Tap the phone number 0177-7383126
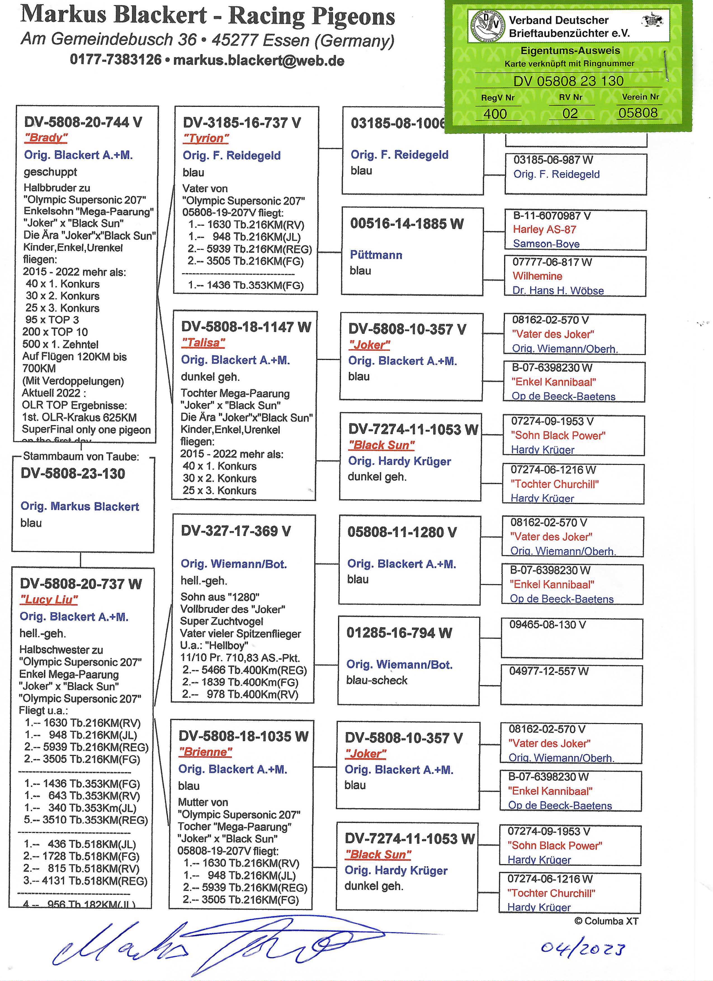tap(115, 60)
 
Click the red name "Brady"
tap(46, 138)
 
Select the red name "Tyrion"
tap(206, 138)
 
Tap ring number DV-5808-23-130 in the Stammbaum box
tap(73, 474)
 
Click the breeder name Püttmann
tap(376, 255)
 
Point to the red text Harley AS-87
tap(544, 229)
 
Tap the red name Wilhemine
tap(537, 276)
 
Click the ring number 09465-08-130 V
tap(547, 625)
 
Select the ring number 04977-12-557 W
tap(548, 671)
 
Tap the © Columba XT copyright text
tap(606, 921)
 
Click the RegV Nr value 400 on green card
tap(495, 114)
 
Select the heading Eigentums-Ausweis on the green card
tap(570, 51)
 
